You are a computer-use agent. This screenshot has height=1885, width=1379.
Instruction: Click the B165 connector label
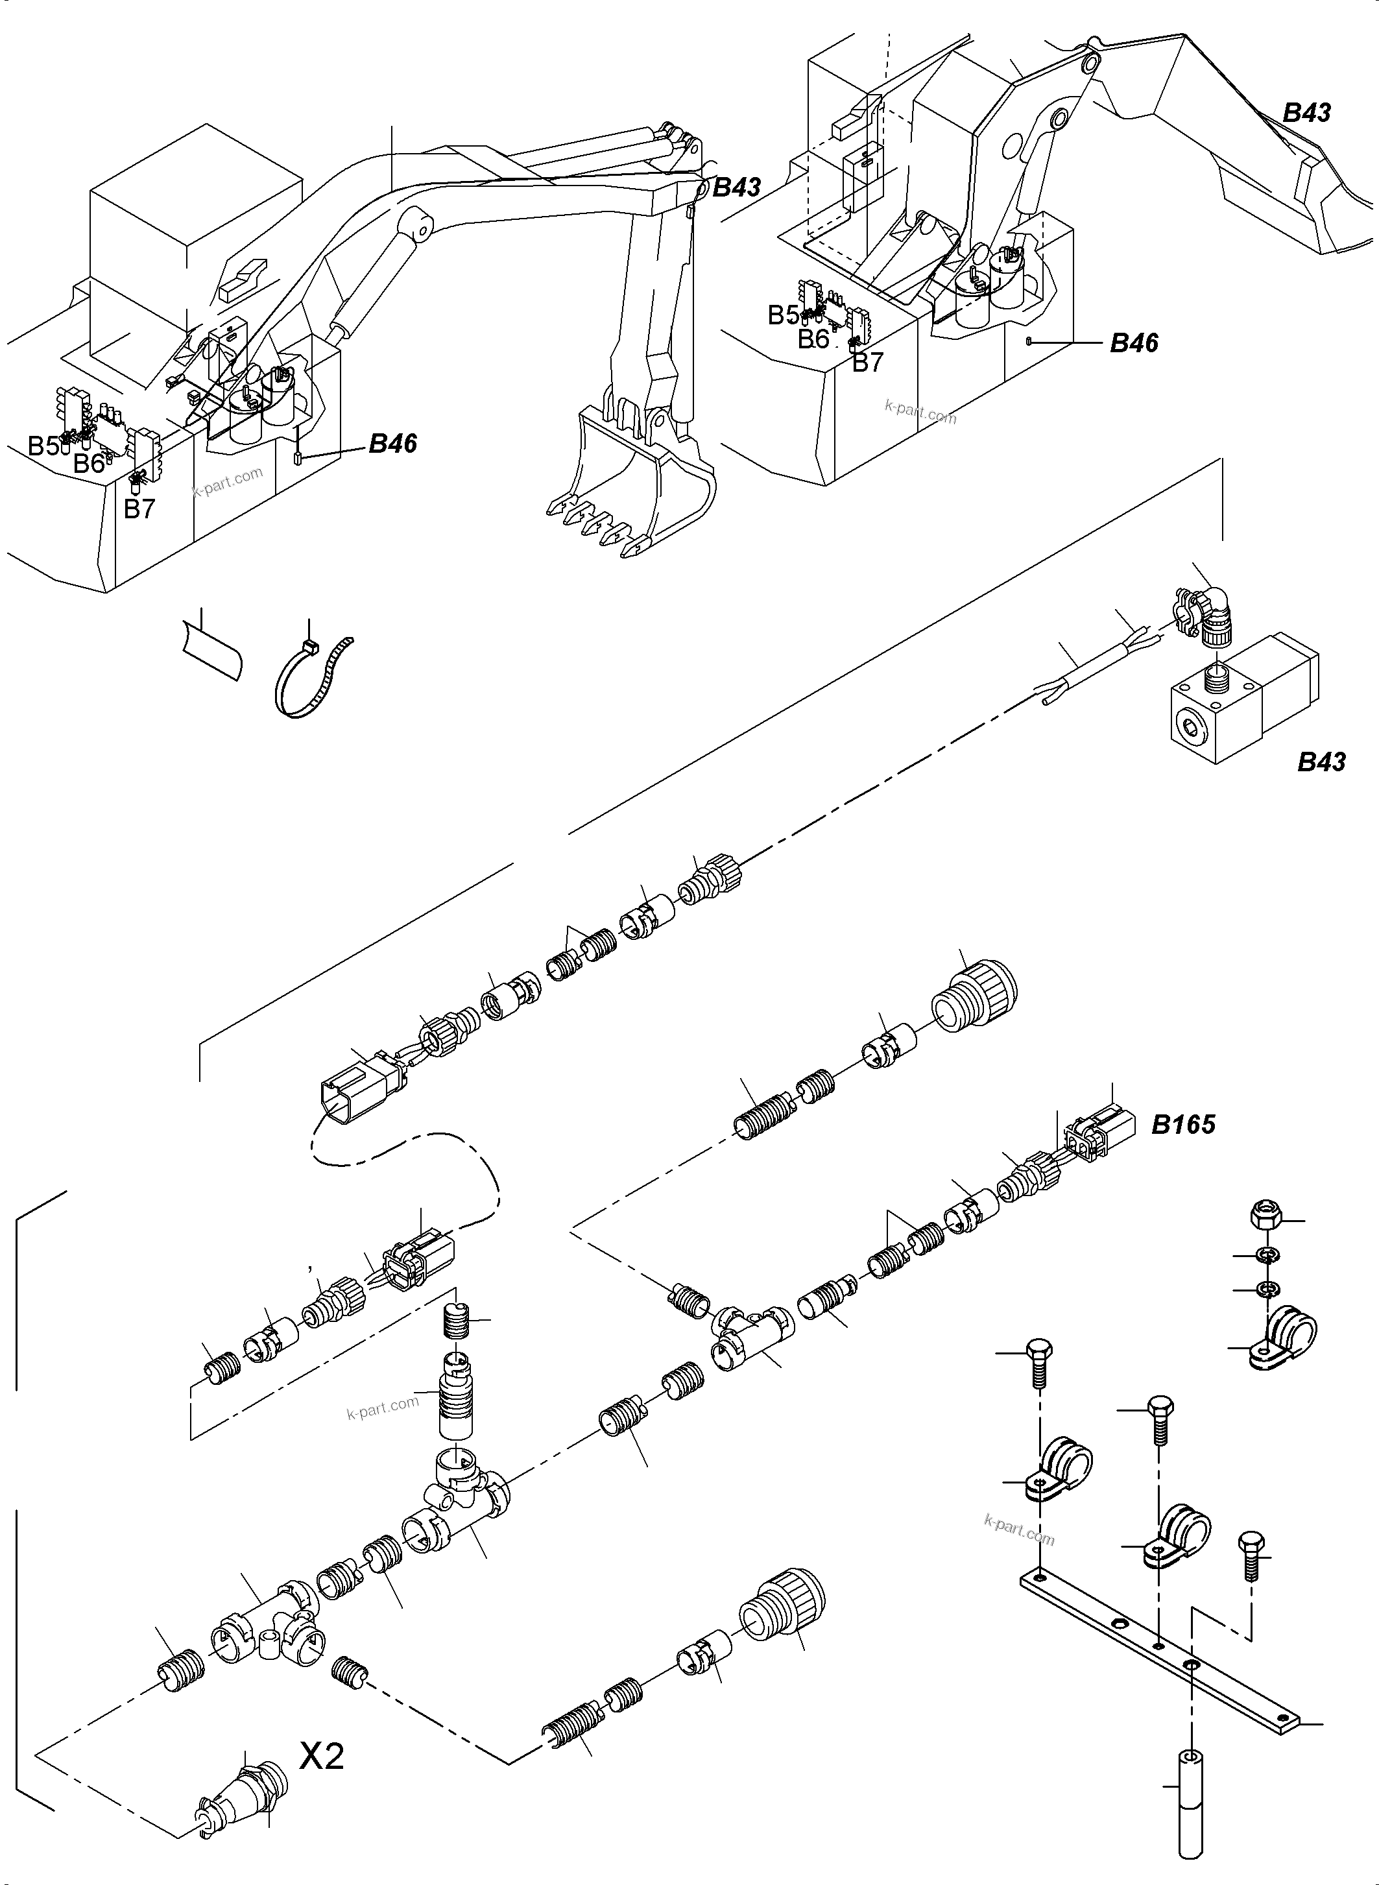coord(1183,1125)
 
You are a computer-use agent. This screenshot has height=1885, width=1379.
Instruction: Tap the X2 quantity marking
coord(321,1756)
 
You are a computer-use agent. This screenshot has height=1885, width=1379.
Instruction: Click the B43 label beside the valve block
coord(1321,762)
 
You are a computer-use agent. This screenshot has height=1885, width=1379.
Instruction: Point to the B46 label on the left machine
coord(392,443)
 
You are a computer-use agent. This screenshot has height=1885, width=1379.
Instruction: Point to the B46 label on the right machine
coord(1134,342)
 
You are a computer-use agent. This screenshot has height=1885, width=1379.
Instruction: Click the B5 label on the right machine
coord(783,315)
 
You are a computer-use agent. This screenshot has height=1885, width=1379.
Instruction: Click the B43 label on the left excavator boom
coord(736,187)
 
